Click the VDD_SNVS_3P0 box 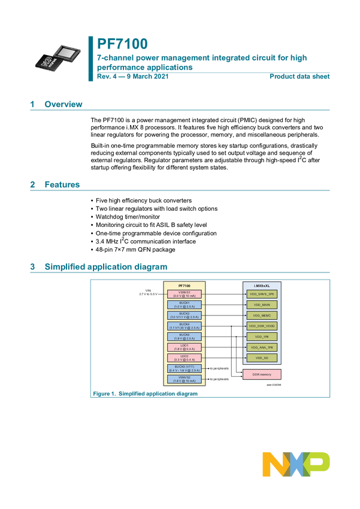coord(262,294)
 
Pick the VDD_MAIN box coord(262,305)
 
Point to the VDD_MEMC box coord(262,316)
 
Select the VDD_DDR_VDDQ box coord(262,326)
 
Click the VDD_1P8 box coord(262,337)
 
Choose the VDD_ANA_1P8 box coord(262,347)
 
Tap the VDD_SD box coord(262,358)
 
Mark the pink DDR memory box coord(262,374)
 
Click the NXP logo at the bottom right coord(296,463)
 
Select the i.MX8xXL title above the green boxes coord(262,284)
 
